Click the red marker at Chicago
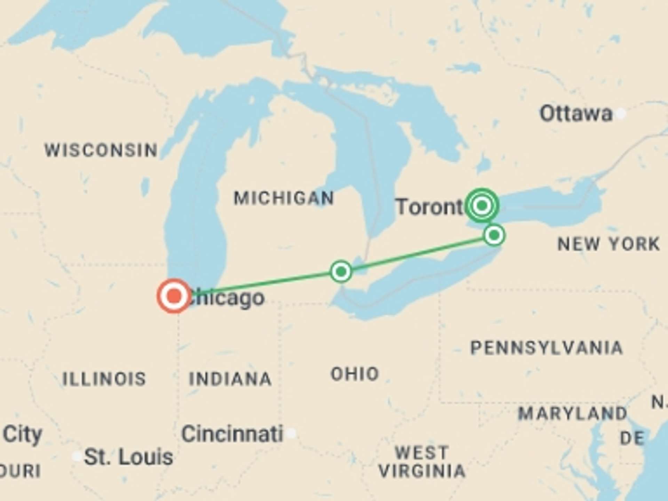[x=174, y=296]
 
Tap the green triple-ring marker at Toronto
[x=482, y=206]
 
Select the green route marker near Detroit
[x=341, y=271]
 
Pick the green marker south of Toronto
[x=494, y=236]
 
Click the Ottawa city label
[x=576, y=114]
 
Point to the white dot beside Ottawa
[x=621, y=113]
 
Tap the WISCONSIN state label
[x=101, y=150]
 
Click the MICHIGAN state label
[x=284, y=198]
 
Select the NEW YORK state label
[x=609, y=244]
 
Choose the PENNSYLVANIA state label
[x=547, y=348]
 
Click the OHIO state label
[x=355, y=374]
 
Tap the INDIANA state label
[x=230, y=379]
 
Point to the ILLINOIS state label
[x=104, y=379]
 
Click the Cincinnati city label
[x=232, y=434]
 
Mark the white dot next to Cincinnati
[x=291, y=433]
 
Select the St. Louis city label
[x=128, y=457]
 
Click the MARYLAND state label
[x=572, y=414]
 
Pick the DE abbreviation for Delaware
[x=632, y=438]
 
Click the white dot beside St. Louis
[x=77, y=456]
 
